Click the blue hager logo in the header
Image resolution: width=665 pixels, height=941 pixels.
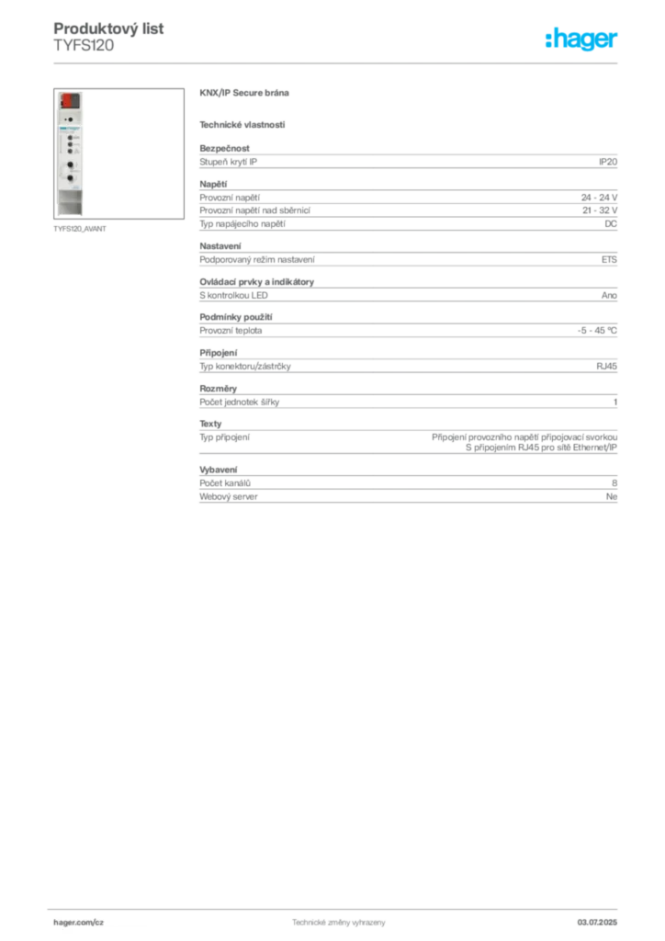[582, 40]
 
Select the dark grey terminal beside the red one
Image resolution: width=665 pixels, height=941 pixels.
[75, 99]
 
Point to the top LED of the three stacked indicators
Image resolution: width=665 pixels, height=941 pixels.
[70, 139]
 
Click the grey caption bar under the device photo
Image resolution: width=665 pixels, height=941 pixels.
[81, 229]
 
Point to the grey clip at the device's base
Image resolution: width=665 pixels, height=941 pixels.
[70, 210]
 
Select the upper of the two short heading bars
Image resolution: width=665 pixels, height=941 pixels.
[245, 95]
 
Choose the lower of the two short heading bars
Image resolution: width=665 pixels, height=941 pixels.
[242, 124]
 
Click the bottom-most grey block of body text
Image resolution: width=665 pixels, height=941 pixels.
[407, 487]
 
